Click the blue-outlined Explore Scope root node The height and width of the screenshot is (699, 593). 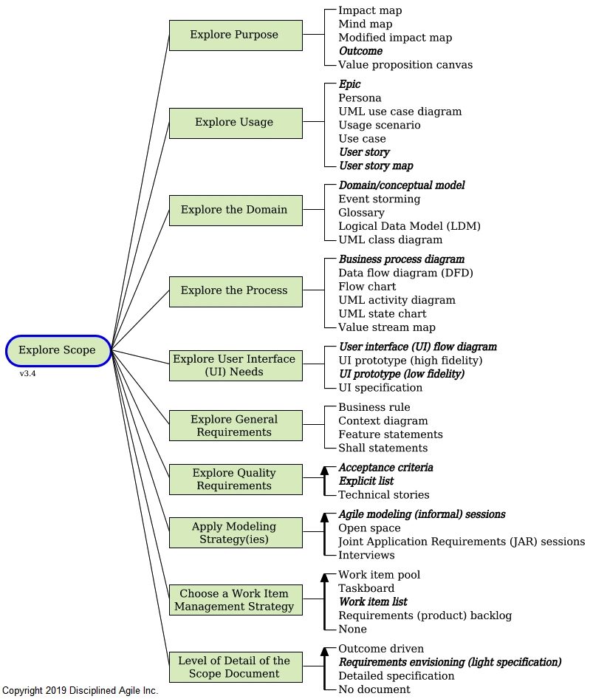coord(58,350)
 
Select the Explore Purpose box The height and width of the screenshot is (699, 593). coord(235,35)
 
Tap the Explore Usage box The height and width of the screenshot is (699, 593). coord(235,123)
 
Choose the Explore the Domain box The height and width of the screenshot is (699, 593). coord(235,210)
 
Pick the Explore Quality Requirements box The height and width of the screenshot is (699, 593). coord(235,480)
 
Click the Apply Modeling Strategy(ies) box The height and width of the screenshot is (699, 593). coord(235,533)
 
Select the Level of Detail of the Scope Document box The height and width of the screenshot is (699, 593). coord(235,667)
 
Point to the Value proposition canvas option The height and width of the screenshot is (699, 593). coord(405,64)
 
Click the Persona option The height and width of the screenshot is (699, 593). coord(360,98)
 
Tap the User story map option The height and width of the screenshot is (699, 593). coord(376,166)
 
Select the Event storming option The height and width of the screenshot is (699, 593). coord(379,199)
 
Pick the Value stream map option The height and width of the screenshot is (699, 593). coord(386,327)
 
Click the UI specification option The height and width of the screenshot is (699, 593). coord(380,387)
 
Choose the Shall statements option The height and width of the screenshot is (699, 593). coord(383,448)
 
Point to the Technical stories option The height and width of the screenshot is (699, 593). coord(383,495)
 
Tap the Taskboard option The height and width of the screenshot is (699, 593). coord(366,588)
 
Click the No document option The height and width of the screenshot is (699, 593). coord(374,689)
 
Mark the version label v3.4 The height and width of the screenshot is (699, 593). coord(28,374)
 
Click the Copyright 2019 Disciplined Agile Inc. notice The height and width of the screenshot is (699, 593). coord(80,691)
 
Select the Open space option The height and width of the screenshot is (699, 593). coord(369,528)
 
